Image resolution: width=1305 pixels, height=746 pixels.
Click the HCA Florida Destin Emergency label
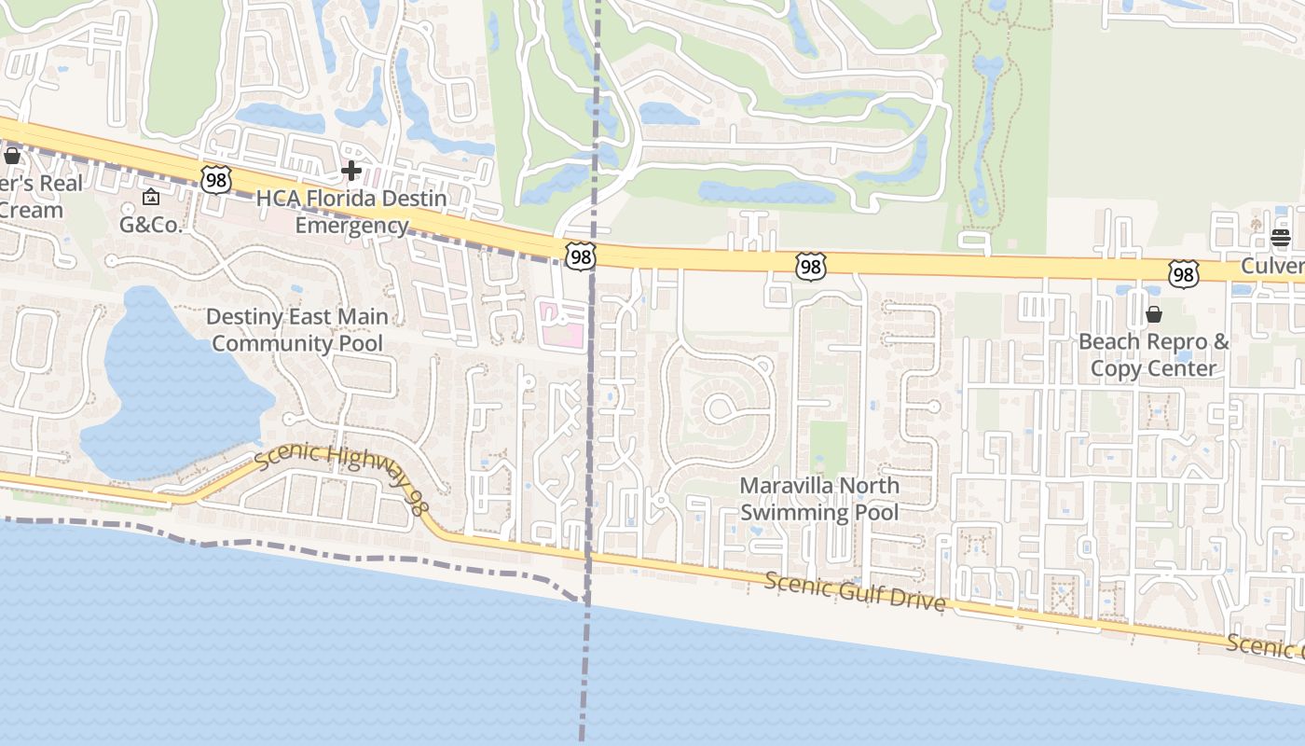point(351,212)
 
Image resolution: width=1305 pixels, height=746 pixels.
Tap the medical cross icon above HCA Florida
point(351,171)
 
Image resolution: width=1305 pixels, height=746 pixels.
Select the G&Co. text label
point(150,224)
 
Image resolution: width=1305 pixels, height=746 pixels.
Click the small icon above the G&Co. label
point(151,197)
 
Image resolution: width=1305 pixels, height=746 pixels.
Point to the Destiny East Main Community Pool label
point(297,330)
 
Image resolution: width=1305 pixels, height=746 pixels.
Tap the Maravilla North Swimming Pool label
point(819,499)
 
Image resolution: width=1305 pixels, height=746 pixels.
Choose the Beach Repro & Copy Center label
point(1153,354)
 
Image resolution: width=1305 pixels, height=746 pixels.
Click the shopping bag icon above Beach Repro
point(1154,314)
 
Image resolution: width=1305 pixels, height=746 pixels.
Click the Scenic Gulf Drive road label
point(855,592)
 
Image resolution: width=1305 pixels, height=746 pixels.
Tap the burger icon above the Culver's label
point(1281,238)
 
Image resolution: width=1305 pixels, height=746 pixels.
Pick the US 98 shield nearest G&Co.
point(215,179)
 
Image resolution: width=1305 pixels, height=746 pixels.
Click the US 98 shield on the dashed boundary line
point(580,256)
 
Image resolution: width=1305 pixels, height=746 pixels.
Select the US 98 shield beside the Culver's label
point(1183,273)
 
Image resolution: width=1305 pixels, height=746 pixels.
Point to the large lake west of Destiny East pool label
point(168,382)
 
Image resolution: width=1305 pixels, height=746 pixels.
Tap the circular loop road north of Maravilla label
point(721,408)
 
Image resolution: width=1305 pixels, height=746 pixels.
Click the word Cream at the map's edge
point(32,210)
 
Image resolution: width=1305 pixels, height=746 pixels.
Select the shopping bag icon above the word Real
point(12,156)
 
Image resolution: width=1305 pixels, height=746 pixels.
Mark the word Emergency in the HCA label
point(351,226)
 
